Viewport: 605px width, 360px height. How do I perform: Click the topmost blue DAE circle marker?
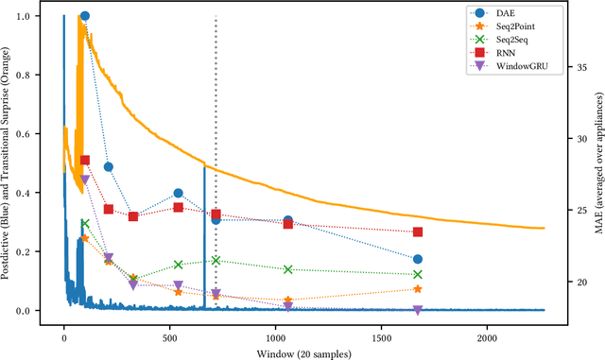coord(85,16)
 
